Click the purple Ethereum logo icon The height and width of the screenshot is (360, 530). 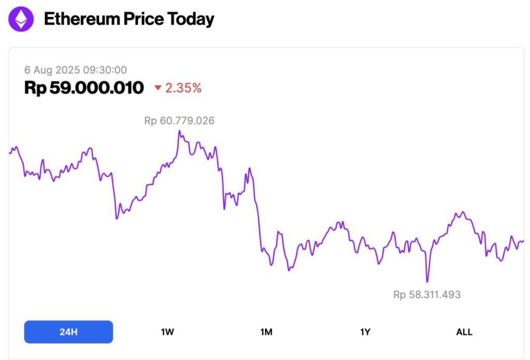tap(21, 19)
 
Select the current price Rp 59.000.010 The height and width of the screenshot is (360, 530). tap(84, 88)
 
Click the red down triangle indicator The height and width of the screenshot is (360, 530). tap(158, 89)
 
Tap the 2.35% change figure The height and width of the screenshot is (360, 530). tap(183, 88)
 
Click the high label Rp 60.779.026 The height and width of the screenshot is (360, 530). tap(179, 121)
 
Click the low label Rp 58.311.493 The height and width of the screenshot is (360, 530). tap(426, 295)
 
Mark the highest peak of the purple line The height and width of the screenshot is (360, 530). tap(180, 131)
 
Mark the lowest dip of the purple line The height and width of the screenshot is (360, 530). tap(427, 281)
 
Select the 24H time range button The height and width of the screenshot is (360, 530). tap(68, 332)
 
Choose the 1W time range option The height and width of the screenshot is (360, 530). tap(167, 332)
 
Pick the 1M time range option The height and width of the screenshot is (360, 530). tap(266, 332)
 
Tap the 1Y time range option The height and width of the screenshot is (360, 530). tap(365, 332)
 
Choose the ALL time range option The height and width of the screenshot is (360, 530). tap(464, 332)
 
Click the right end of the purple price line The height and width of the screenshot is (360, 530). tap(523, 240)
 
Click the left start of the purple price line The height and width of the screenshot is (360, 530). tap(10, 153)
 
